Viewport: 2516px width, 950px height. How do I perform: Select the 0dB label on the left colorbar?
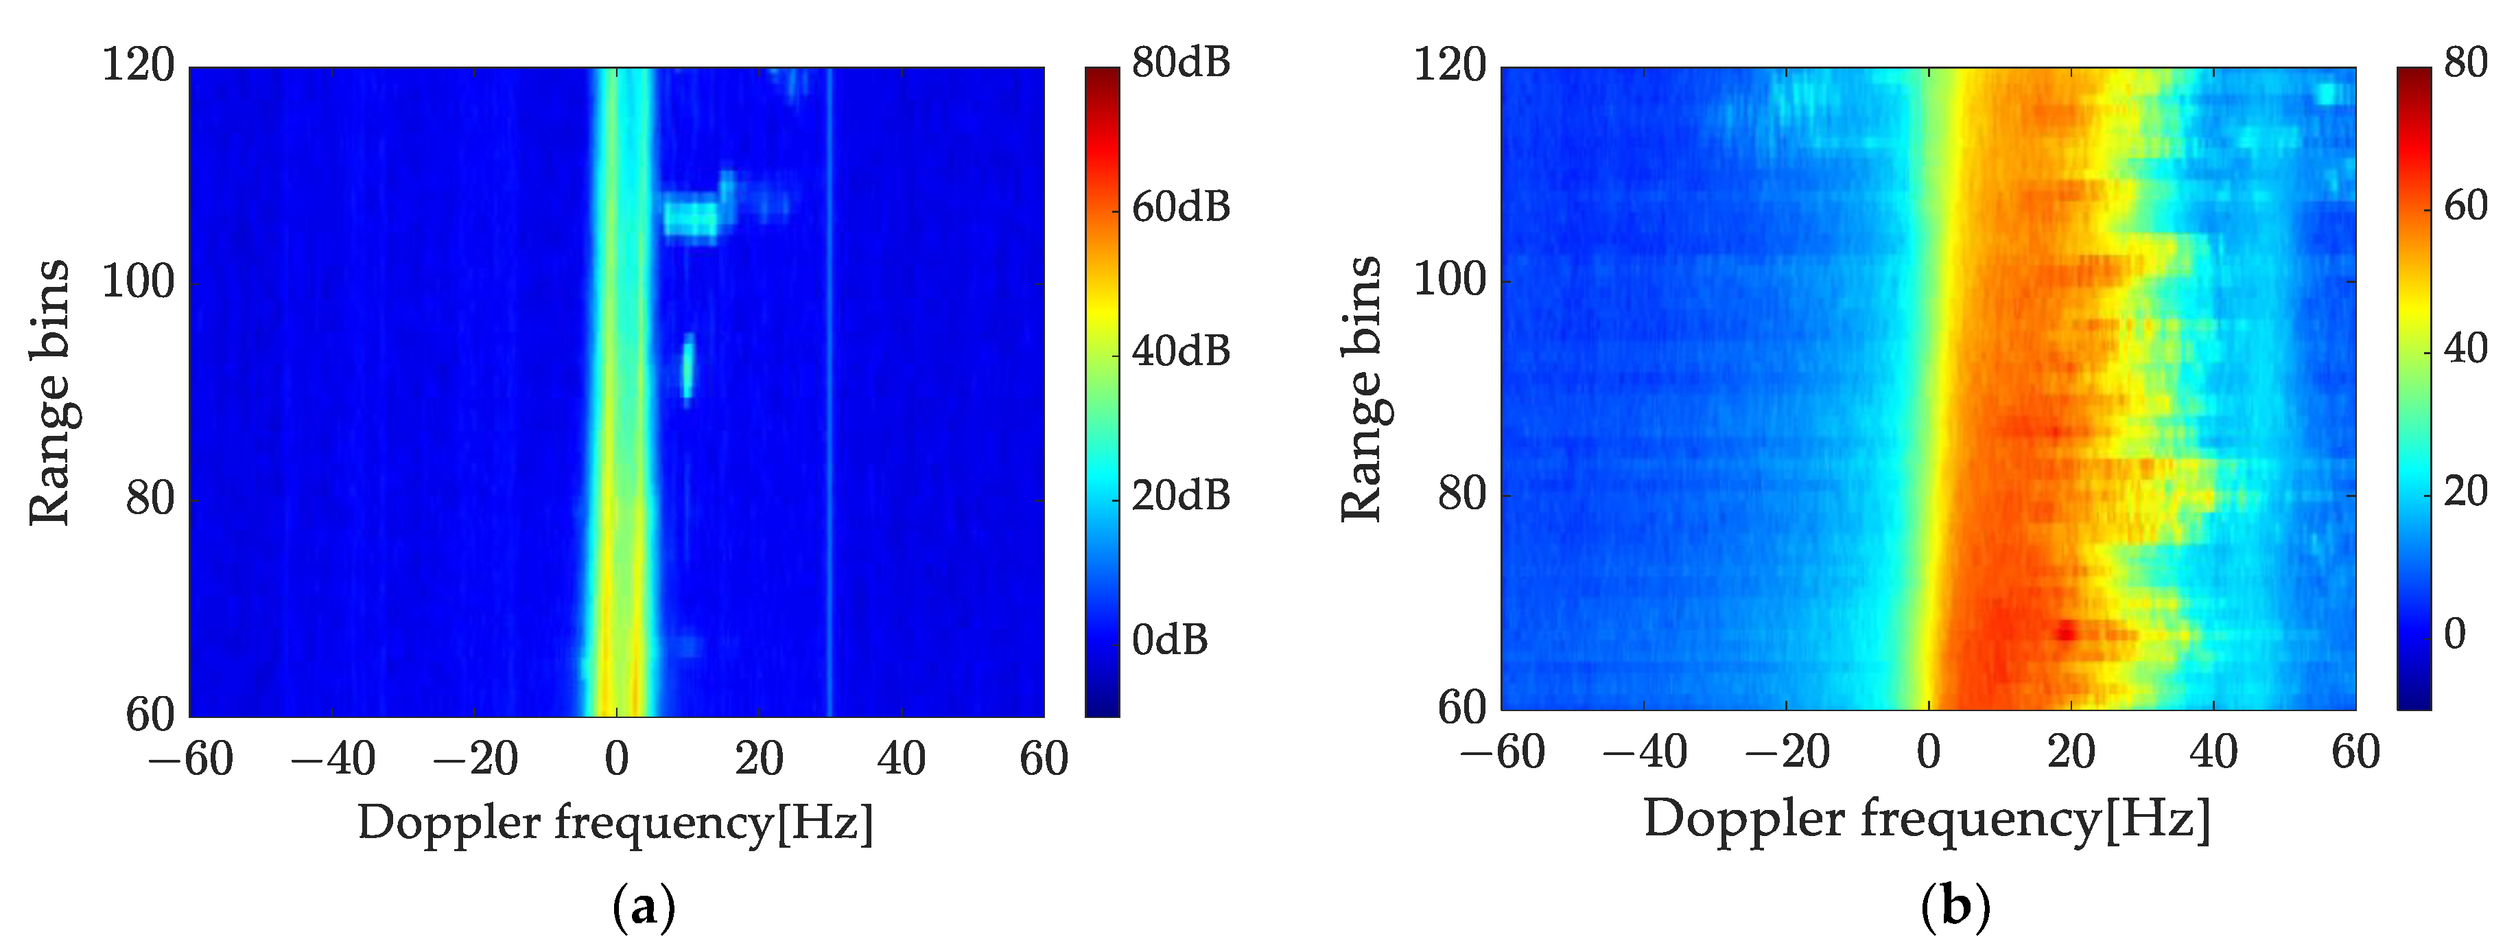(1169, 640)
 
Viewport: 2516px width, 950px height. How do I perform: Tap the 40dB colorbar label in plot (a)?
(1180, 352)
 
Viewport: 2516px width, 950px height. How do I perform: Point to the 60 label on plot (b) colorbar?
(2465, 206)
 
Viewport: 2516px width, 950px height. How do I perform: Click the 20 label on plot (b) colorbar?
(2465, 491)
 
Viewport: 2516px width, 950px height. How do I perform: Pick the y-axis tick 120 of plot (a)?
(138, 67)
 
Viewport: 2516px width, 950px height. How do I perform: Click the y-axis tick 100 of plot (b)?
(1450, 281)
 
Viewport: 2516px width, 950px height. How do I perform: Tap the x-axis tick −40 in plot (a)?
(332, 759)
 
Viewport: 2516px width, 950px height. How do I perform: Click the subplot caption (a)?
(643, 908)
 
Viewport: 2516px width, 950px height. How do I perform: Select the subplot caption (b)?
(1954, 908)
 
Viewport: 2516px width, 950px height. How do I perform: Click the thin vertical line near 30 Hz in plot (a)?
(830, 391)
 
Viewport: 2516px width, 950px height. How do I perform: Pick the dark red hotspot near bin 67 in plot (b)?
(2065, 632)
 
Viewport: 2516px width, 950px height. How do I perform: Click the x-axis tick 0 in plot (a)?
(616, 759)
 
